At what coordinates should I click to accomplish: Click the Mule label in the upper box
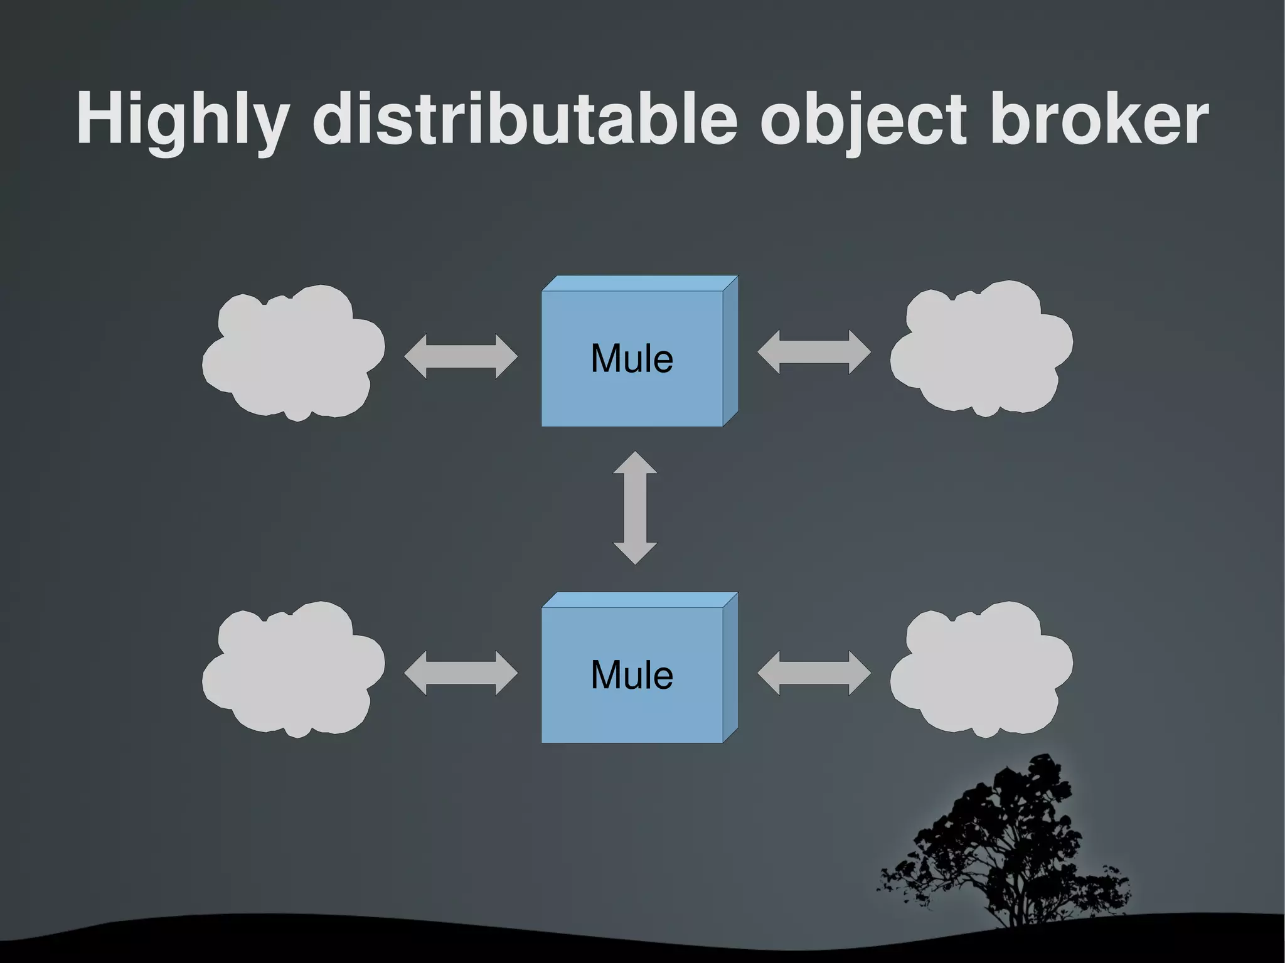[632, 359]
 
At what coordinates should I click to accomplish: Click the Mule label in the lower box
[632, 676]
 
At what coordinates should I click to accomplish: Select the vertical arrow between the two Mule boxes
[635, 508]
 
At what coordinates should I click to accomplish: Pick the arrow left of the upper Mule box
[461, 356]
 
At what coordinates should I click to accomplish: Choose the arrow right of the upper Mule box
[814, 352]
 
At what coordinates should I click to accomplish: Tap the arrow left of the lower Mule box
[461, 673]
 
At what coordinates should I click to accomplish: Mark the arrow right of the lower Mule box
[814, 673]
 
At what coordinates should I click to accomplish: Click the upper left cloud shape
[293, 354]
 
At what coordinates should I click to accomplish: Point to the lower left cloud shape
[293, 670]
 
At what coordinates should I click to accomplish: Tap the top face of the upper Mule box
[639, 284]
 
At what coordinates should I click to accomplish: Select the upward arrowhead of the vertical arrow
[635, 463]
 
